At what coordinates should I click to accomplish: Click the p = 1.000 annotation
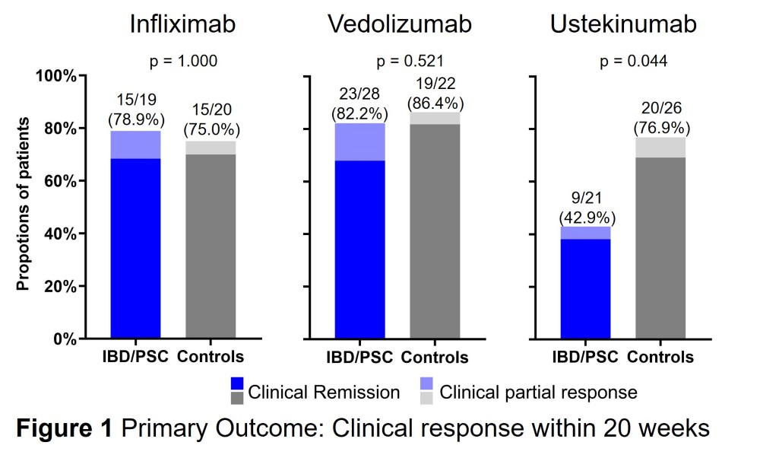pos(183,61)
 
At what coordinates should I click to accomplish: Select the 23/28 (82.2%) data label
pos(359,105)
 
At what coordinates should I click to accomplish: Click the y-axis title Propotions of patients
pos(24,204)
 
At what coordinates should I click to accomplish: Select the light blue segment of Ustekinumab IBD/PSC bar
pos(585,233)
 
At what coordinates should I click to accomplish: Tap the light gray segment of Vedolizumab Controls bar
pos(435,118)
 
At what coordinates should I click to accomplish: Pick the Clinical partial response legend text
pos(539,393)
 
